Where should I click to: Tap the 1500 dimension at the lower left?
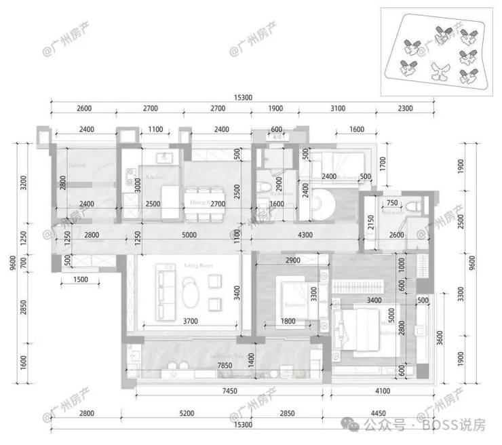point(80,279)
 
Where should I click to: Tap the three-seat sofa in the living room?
point(162,285)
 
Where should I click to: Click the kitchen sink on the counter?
point(163,158)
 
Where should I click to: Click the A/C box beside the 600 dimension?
point(276,138)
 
